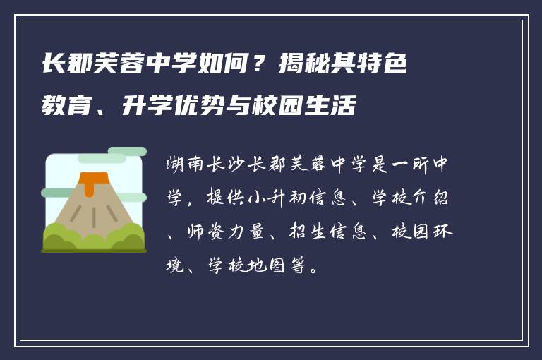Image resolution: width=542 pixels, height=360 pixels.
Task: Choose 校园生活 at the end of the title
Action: pos(318,108)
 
